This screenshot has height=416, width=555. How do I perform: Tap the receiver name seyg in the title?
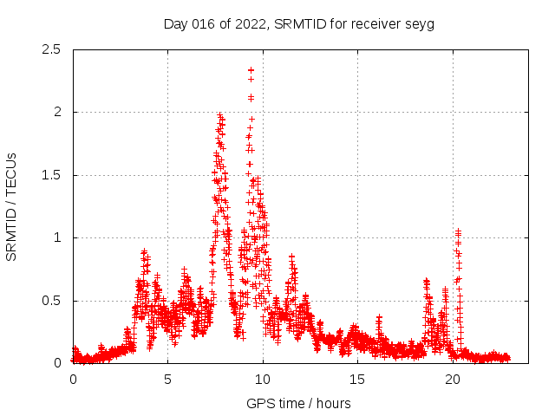[x=420, y=24]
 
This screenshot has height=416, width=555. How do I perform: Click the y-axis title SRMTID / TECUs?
[x=12, y=206]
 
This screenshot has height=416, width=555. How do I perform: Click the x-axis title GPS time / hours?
[x=298, y=403]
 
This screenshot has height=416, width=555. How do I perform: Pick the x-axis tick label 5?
[x=167, y=380]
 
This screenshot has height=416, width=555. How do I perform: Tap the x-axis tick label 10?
[x=263, y=380]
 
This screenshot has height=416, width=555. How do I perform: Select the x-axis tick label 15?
[x=357, y=380]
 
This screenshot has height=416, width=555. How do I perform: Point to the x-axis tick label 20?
[x=453, y=380]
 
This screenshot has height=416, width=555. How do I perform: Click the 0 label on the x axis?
[x=73, y=380]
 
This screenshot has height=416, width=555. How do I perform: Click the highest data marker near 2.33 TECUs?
[x=251, y=70]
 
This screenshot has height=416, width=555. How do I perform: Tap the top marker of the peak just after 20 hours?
[x=458, y=231]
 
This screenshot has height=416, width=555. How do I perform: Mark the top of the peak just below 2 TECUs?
[x=220, y=115]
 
